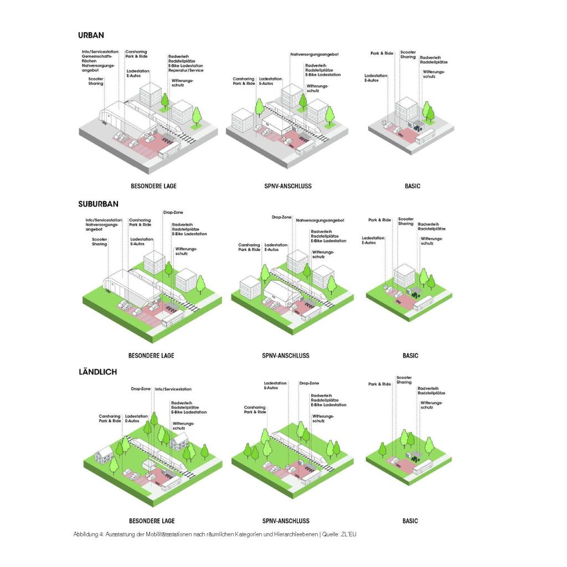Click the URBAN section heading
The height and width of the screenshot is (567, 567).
tap(91, 35)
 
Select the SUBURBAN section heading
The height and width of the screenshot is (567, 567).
tap(99, 204)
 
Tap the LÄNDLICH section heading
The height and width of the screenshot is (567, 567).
tap(98, 372)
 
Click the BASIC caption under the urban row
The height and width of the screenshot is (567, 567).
tap(413, 186)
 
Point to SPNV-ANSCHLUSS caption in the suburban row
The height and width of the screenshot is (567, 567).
tap(286, 355)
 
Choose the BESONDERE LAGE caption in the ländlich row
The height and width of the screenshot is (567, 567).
tap(152, 520)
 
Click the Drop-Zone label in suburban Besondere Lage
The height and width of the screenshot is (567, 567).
tap(173, 212)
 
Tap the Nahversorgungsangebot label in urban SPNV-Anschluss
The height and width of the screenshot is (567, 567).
tap(315, 54)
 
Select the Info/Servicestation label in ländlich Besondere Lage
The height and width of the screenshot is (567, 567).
tap(173, 389)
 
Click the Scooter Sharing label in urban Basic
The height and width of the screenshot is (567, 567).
tap(408, 55)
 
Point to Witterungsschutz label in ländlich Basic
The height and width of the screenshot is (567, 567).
tap(431, 405)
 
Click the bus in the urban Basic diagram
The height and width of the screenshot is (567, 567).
tap(425, 136)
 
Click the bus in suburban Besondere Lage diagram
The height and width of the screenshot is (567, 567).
tap(173, 317)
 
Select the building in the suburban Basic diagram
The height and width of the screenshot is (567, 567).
tap(404, 275)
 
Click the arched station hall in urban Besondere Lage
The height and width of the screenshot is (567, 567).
tap(125, 116)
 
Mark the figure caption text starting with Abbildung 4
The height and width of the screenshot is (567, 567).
tap(215, 534)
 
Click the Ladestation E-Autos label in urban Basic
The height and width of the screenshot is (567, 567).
tap(376, 78)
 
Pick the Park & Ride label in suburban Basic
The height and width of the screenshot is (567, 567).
tap(380, 220)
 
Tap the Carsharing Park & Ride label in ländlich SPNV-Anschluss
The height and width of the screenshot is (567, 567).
tap(255, 410)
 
